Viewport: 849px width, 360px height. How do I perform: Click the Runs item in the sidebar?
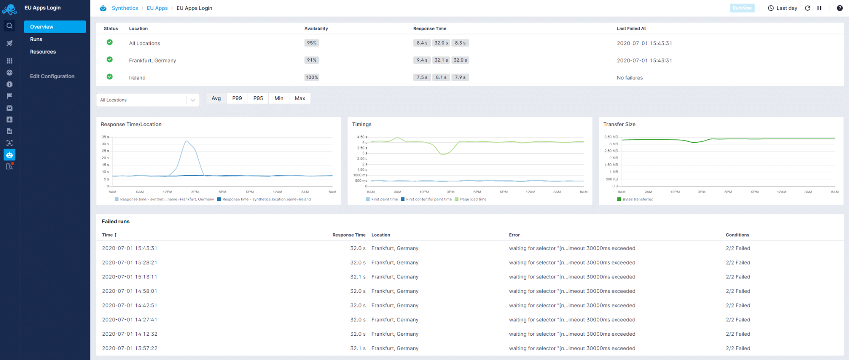tap(36, 39)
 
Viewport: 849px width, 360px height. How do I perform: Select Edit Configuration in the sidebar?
tap(52, 76)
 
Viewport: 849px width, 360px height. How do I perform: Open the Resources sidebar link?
tap(43, 52)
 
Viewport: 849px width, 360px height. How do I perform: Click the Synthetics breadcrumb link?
tap(124, 8)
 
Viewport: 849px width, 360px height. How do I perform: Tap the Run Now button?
tap(742, 8)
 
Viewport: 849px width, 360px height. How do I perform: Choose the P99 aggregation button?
tap(237, 98)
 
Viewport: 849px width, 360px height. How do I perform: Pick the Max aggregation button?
tap(300, 98)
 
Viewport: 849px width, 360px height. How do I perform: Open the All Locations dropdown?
tap(148, 100)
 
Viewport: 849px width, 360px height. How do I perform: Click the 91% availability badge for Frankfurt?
tap(312, 60)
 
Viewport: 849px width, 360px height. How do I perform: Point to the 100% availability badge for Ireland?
tap(312, 77)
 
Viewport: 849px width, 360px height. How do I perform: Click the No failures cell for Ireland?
tap(629, 78)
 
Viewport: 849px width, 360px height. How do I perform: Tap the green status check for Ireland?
tap(110, 77)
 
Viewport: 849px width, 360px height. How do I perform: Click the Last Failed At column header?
tap(631, 28)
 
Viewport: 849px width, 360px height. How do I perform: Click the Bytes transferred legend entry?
tap(637, 199)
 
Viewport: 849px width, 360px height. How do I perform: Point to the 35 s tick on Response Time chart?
tap(105, 137)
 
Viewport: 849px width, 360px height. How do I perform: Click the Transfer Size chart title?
tap(619, 124)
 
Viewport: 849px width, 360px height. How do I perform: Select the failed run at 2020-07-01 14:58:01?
tap(130, 291)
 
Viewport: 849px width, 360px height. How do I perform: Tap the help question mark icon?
tap(839, 8)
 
